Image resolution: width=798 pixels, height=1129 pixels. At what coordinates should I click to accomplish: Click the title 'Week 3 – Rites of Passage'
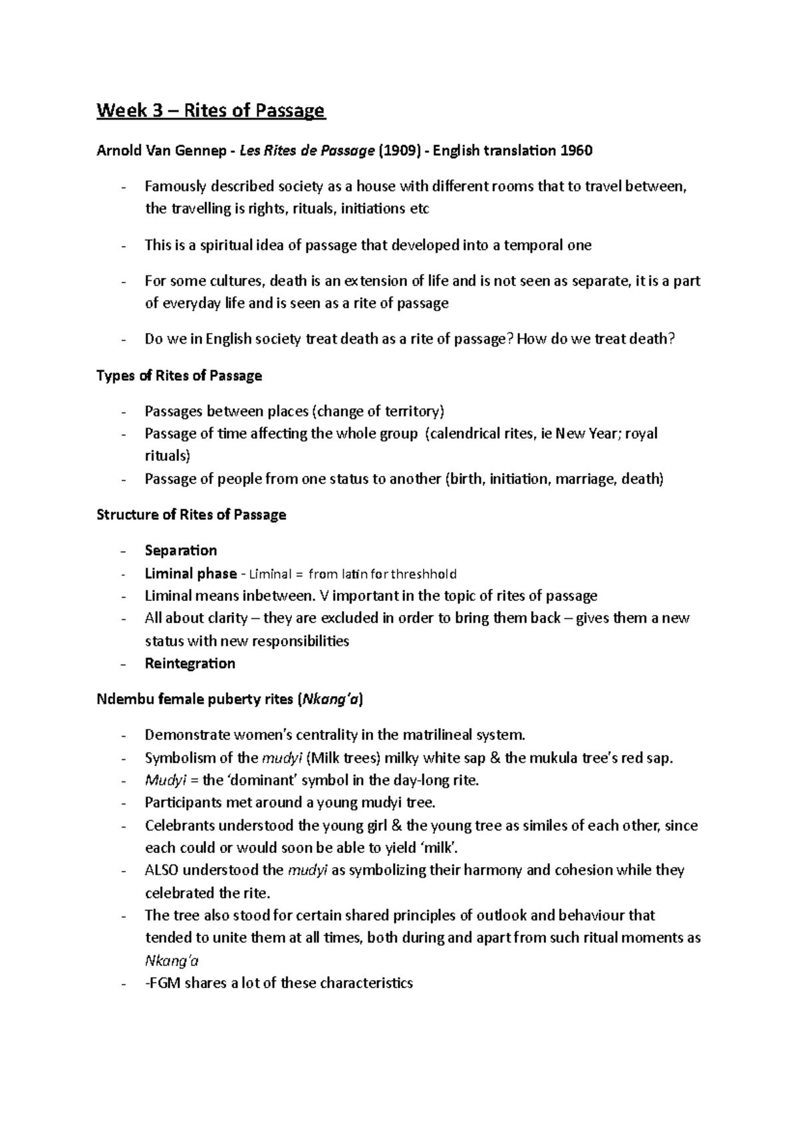coord(211,110)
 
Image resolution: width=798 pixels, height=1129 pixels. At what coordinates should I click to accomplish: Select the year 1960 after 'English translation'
coord(576,150)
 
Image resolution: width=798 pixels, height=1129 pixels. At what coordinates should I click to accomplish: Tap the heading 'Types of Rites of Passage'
coord(179,376)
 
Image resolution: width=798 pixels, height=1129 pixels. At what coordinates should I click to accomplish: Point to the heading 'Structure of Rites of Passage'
coord(192,515)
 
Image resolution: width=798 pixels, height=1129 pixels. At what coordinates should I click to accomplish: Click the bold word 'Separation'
coord(181,551)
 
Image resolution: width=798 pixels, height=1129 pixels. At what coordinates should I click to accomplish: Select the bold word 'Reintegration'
coord(190,664)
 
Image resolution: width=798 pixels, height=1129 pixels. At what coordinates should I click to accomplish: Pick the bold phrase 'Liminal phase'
coord(191,573)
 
